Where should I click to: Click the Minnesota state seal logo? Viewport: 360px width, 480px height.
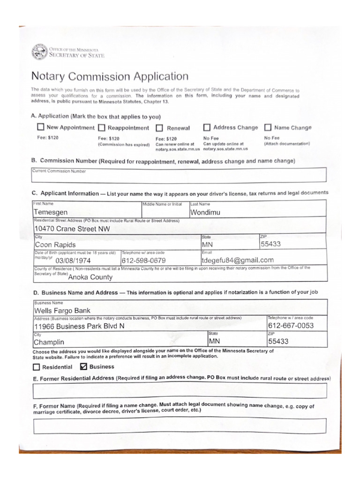click(39, 52)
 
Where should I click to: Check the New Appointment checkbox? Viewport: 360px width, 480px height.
click(41, 127)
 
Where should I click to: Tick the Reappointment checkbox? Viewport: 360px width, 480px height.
click(102, 127)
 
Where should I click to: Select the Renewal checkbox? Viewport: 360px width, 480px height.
click(159, 128)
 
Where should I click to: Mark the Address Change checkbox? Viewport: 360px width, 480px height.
click(207, 127)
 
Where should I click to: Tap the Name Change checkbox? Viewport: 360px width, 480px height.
click(268, 127)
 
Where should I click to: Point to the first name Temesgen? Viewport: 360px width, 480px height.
click(50, 212)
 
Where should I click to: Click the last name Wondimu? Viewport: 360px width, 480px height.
click(205, 212)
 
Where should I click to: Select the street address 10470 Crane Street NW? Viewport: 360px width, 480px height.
click(72, 229)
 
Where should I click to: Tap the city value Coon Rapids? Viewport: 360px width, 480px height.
click(55, 245)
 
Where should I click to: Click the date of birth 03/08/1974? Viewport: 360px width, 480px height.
click(73, 261)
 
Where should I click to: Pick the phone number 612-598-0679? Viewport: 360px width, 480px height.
click(143, 261)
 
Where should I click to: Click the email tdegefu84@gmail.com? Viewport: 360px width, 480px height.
click(237, 260)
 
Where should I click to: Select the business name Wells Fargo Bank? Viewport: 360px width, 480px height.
click(62, 310)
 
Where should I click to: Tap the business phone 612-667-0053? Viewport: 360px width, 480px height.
click(291, 326)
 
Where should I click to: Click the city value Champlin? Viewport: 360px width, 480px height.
click(49, 342)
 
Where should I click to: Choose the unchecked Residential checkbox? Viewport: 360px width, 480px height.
click(37, 367)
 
